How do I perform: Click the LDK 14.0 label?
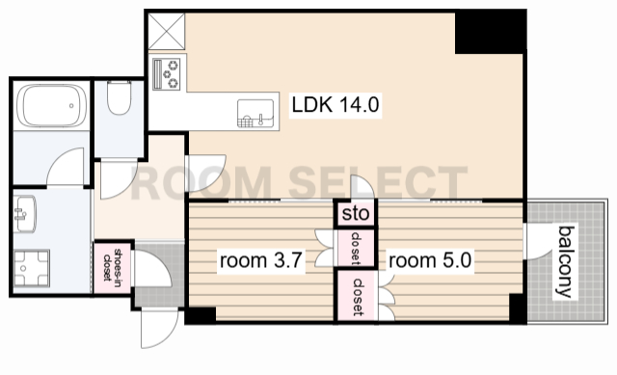[x=335, y=105]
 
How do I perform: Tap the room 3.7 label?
[x=261, y=260]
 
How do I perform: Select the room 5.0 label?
[x=430, y=260]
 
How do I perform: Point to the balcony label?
[x=566, y=261]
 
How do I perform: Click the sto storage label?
[x=356, y=214]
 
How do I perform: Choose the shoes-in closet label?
[x=112, y=266]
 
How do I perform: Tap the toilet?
[x=119, y=98]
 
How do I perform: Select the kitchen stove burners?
[x=167, y=74]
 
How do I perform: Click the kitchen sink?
[x=255, y=114]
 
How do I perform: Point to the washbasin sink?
[x=25, y=214]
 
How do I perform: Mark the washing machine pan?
[x=32, y=268]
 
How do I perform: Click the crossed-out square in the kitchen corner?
[x=167, y=32]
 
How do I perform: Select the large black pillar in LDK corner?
[x=490, y=32]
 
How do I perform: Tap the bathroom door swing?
[x=66, y=167]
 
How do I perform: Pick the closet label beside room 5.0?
[x=358, y=297]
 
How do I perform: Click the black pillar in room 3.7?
[x=201, y=315]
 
